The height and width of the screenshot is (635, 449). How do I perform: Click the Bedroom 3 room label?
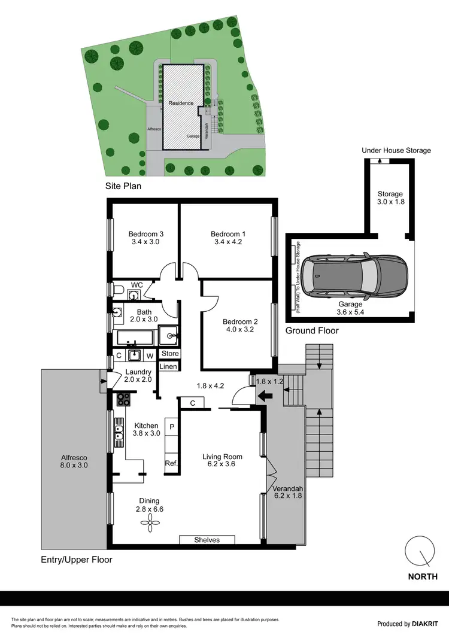(x=146, y=234)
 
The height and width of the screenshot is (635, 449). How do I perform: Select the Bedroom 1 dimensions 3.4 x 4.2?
(x=228, y=242)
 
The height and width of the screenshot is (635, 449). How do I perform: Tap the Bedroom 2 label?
(x=238, y=320)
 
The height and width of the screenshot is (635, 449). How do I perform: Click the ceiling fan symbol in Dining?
(x=147, y=523)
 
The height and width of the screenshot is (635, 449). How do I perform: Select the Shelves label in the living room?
(x=207, y=540)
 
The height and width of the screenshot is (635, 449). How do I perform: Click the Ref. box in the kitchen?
(x=170, y=463)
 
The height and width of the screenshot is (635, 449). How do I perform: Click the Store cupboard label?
(x=169, y=354)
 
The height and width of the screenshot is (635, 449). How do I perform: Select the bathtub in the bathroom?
(x=135, y=338)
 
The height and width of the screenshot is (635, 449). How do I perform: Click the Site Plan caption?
(x=123, y=186)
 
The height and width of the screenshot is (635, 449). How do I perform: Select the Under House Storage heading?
(x=396, y=150)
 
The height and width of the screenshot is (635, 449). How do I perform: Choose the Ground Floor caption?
(x=312, y=330)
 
